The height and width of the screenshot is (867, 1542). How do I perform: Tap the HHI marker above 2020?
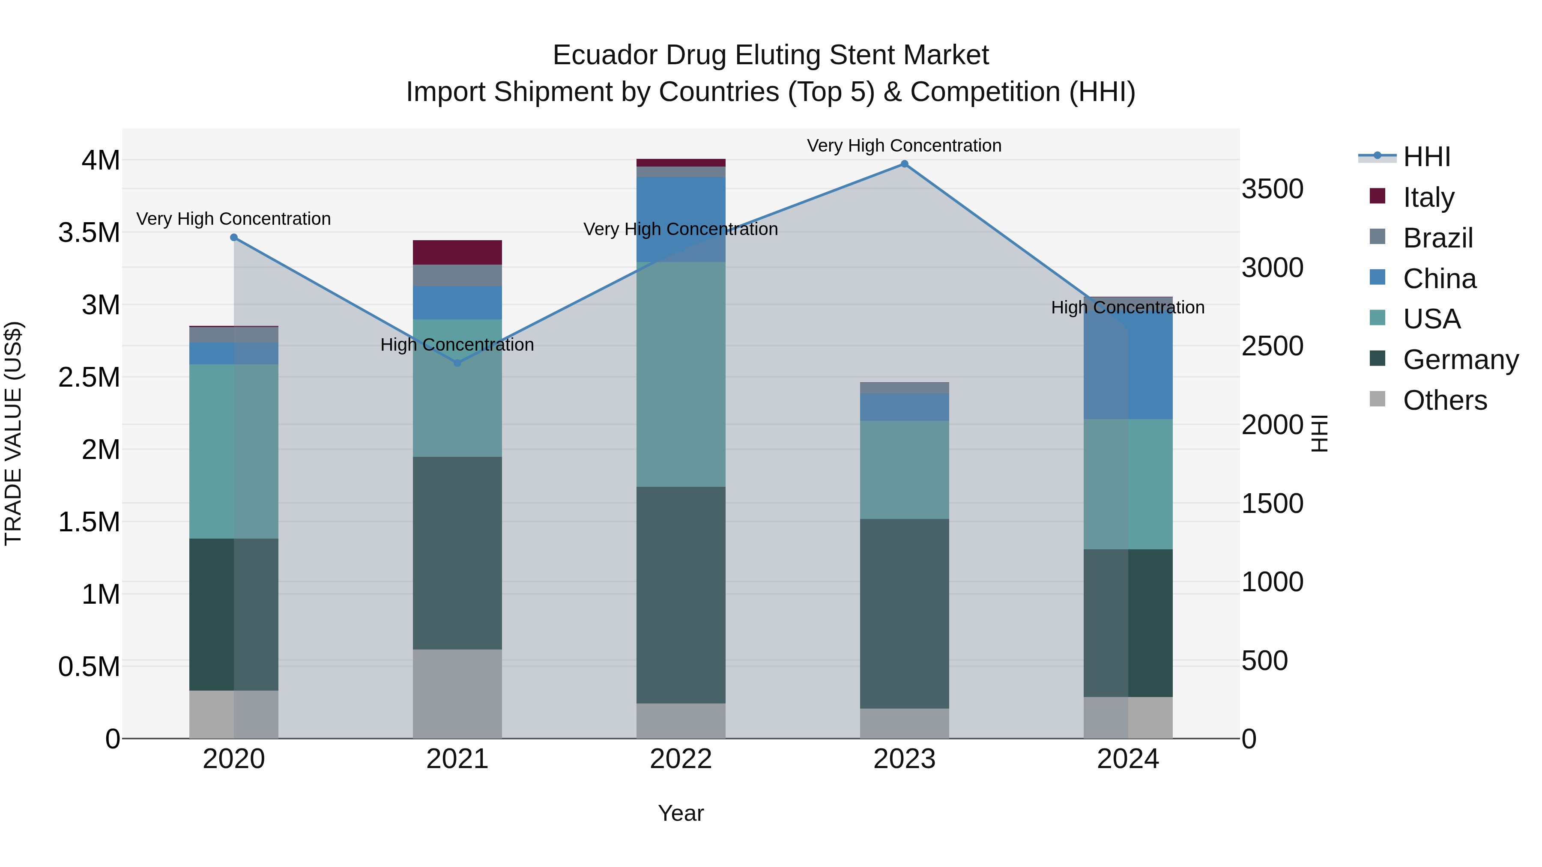[234, 238]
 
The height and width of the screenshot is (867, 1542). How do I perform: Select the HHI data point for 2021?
[457, 363]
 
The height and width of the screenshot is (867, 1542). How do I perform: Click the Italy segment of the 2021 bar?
[457, 253]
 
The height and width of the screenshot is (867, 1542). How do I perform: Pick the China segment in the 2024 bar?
[1128, 359]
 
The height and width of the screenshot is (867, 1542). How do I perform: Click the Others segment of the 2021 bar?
[457, 694]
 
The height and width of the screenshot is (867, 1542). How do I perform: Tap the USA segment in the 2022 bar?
[681, 374]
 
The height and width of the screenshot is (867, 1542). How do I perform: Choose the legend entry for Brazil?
[1437, 238]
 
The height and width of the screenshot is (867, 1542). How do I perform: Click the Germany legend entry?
[1460, 360]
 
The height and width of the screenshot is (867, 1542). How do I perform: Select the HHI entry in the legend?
[1426, 157]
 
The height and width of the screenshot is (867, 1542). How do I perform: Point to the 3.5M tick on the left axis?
[89, 233]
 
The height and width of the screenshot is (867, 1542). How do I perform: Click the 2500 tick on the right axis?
[1272, 346]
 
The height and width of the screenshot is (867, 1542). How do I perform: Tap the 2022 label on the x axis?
[681, 759]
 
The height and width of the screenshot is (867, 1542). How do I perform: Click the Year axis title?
[681, 813]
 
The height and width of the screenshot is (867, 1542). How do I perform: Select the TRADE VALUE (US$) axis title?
[13, 433]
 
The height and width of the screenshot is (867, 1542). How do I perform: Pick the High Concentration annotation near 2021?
[457, 345]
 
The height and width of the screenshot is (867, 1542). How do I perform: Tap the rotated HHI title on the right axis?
[1319, 433]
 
